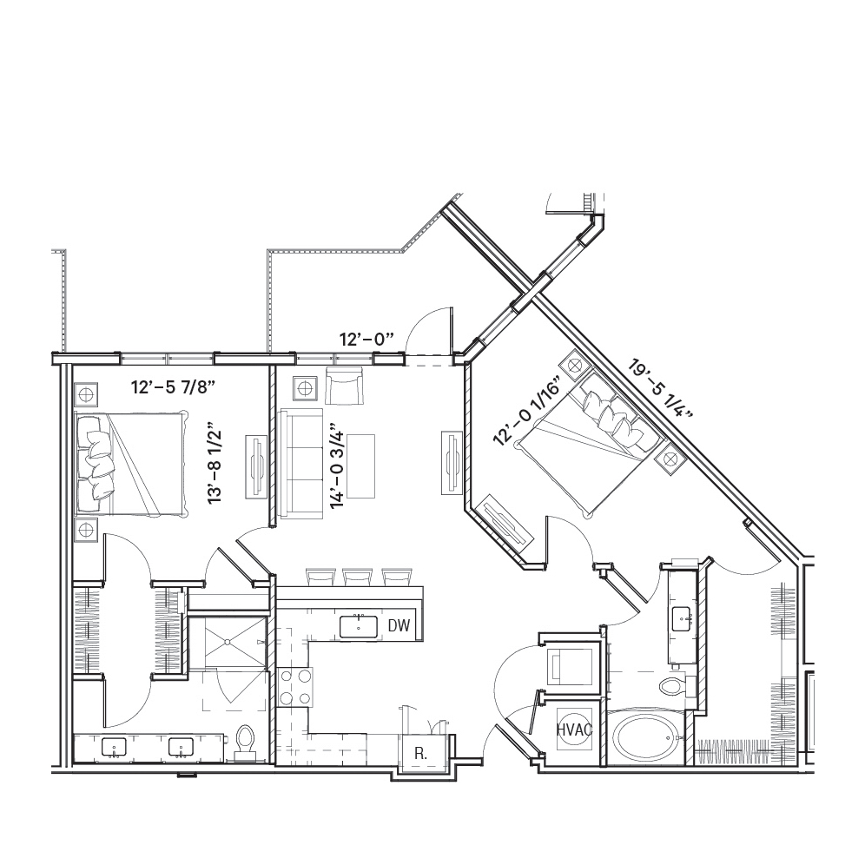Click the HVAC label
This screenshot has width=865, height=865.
574,730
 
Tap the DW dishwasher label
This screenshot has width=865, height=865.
399,625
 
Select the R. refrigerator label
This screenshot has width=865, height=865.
420,754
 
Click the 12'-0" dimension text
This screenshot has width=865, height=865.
366,340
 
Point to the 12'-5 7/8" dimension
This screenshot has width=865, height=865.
172,387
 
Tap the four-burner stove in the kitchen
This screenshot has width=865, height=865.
295,687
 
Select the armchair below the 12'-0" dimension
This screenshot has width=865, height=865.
344,386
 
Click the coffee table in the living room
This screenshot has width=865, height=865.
360,466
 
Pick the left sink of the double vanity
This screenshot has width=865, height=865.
114,748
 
